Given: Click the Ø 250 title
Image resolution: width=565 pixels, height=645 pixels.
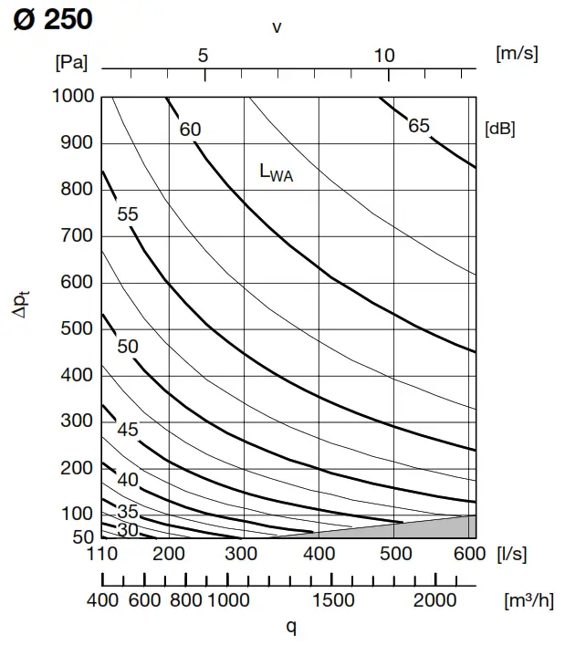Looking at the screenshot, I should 53,18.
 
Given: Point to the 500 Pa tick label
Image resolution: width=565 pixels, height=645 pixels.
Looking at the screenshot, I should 78,328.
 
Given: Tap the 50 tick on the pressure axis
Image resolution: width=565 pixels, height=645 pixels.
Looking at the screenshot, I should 84,536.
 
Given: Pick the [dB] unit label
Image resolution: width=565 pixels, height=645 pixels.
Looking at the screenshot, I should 499,129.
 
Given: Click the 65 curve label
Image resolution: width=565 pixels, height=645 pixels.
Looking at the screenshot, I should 418,126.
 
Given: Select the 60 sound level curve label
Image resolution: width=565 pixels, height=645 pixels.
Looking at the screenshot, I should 190,130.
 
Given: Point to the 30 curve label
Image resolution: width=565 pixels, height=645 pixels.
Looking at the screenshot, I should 128,529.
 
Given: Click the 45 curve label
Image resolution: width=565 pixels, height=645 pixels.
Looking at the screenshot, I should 128,429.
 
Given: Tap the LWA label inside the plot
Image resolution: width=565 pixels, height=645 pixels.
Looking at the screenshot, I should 277,172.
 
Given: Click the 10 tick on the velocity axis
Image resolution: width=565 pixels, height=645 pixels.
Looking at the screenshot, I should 384,56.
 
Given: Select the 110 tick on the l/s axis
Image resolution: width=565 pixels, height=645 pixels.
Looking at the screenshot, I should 102,554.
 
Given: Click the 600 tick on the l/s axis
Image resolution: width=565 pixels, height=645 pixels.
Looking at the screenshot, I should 469,554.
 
